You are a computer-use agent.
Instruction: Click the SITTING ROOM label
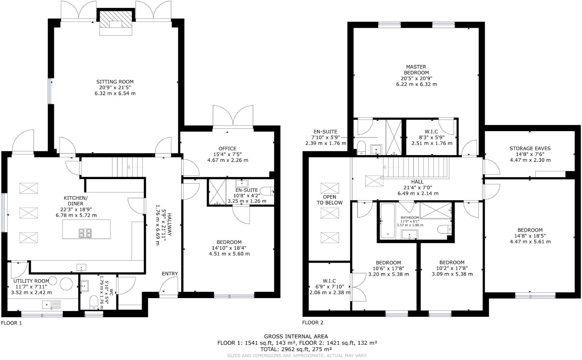tap(115, 82)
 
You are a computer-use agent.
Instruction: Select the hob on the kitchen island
tap(85, 233)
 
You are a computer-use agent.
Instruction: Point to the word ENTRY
tap(170, 274)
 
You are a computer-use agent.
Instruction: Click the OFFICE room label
tap(227, 149)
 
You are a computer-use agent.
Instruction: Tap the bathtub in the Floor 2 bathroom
tap(387, 221)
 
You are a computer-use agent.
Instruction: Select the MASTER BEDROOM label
tap(416, 70)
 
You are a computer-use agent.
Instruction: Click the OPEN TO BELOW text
tap(329, 200)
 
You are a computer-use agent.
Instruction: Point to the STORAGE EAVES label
tap(530, 148)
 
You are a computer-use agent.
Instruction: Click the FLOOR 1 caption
tap(11, 323)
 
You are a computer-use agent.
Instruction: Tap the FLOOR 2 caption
tap(312, 323)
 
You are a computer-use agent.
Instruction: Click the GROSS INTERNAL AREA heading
tap(296, 336)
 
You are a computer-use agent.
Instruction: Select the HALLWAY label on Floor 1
tap(169, 225)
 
